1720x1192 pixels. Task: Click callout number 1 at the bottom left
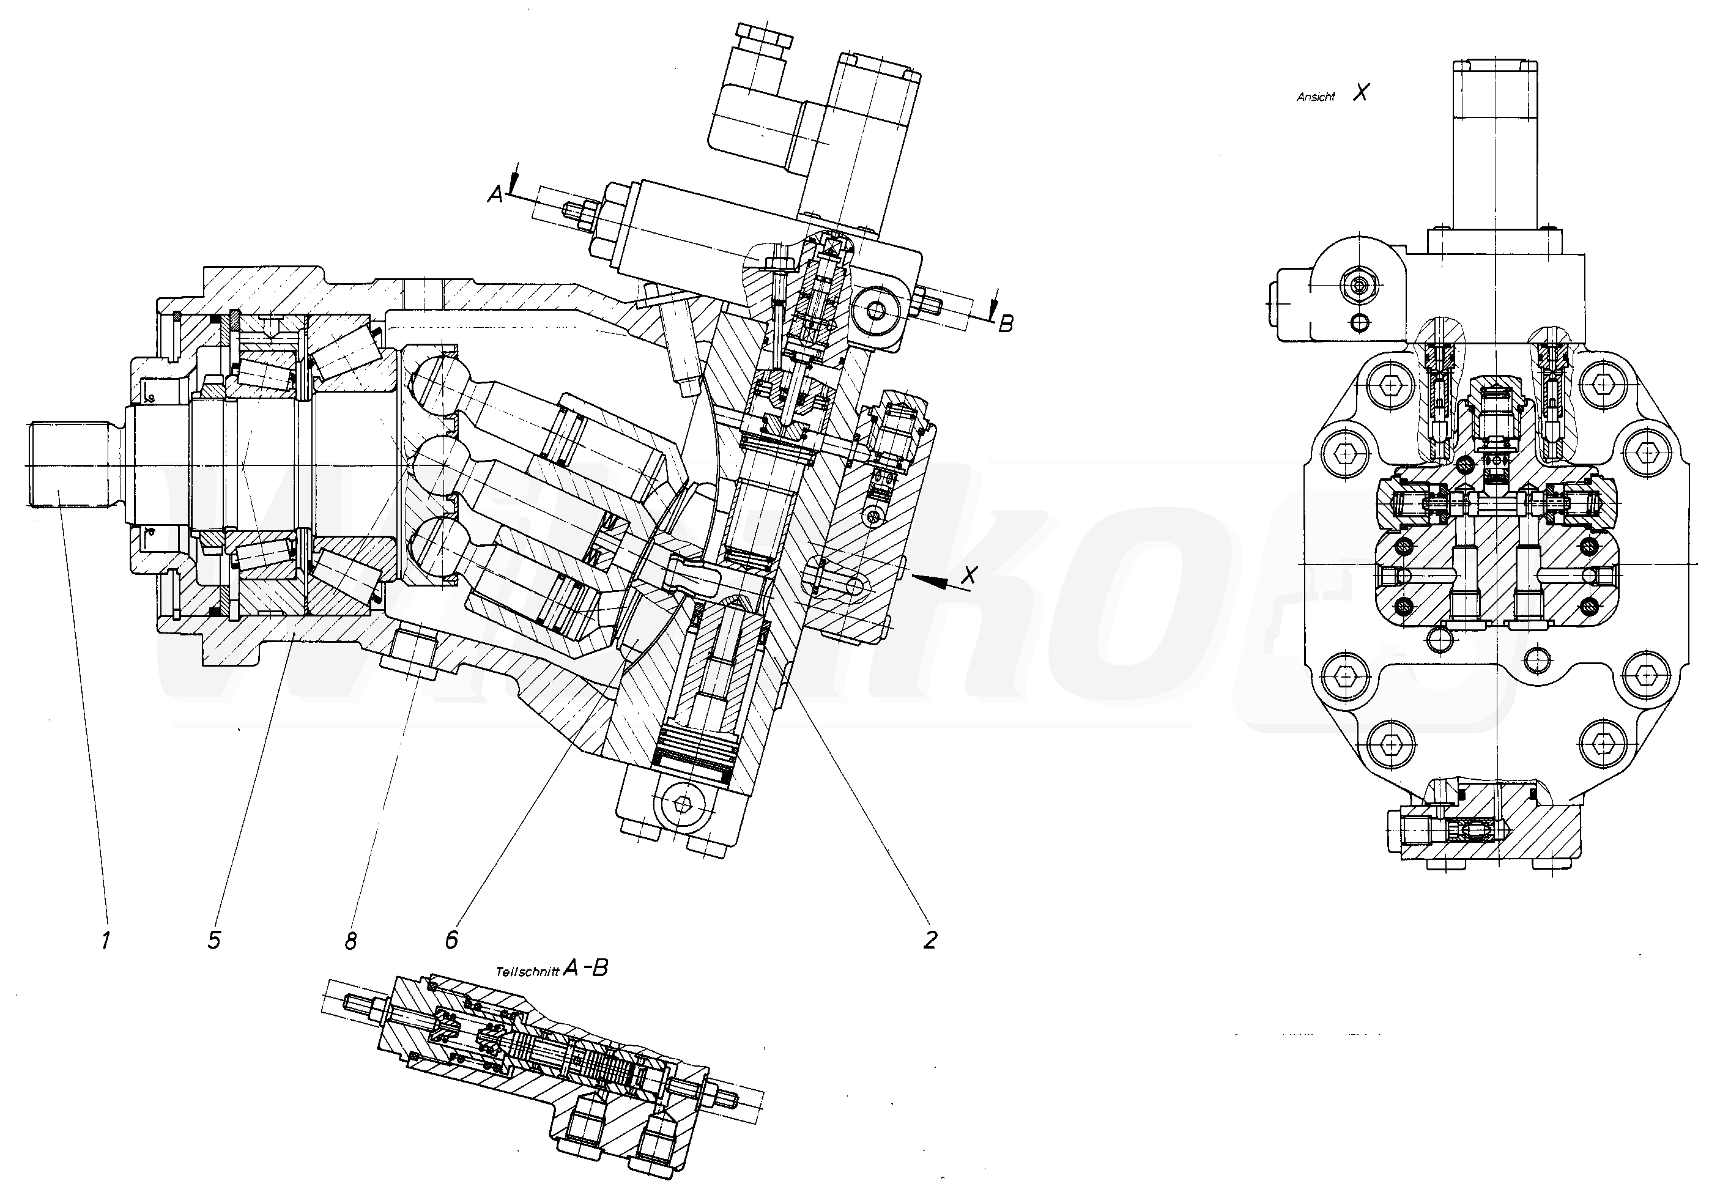[105, 939]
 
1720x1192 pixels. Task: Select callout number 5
[214, 939]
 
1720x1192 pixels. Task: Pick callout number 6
[450, 939]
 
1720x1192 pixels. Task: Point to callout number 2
[929, 939]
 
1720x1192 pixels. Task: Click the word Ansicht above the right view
[1315, 97]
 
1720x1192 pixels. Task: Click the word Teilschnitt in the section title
[527, 972]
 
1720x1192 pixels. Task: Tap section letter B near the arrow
[1006, 324]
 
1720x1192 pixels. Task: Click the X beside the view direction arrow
[969, 574]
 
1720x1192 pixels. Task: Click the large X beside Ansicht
[1362, 92]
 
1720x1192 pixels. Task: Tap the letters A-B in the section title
[585, 969]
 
